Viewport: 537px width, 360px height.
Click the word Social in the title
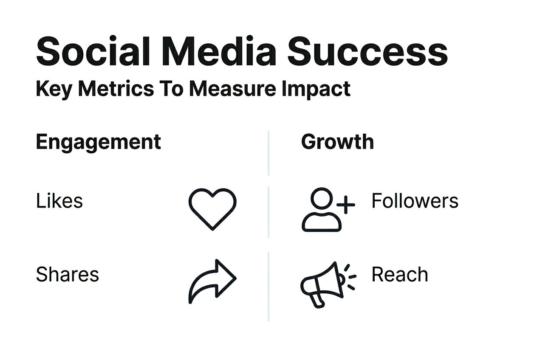pos(93,51)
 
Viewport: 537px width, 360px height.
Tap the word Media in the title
pos(219,51)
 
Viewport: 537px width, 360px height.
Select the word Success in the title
pos(367,51)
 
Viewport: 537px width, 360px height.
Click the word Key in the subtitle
pos(54,89)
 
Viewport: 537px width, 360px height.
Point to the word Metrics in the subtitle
pos(116,89)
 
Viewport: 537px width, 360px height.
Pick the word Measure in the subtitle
pos(232,89)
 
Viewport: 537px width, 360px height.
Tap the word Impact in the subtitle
pos(316,89)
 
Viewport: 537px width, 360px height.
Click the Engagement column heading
pos(98,143)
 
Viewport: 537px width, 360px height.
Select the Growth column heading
pos(337,141)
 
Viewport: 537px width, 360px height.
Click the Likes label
pos(59,201)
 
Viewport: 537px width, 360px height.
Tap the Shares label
pos(68,274)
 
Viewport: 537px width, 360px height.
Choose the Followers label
pos(415,201)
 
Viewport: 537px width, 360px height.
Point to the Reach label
pos(400,274)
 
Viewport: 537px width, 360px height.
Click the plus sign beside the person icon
pos(346,205)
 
